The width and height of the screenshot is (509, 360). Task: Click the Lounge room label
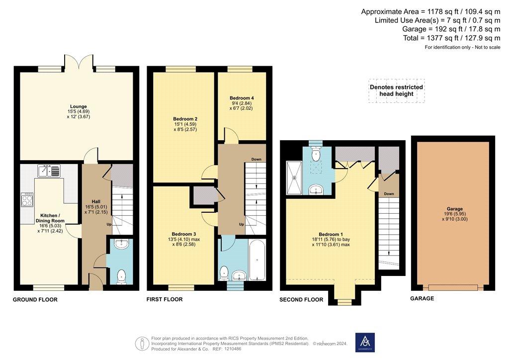click(79, 106)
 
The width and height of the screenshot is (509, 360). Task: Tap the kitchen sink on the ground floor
click(49, 171)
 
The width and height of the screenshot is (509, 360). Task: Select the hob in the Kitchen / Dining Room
click(27, 199)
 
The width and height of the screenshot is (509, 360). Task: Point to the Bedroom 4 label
click(242, 98)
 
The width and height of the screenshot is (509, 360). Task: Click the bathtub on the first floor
click(257, 260)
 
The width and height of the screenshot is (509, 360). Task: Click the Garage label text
click(455, 209)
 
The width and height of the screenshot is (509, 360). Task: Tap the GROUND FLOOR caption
click(35, 300)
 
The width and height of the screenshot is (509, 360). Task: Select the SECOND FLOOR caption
click(301, 300)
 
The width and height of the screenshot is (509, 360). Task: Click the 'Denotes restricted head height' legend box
click(396, 90)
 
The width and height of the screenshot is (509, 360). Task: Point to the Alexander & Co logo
click(365, 342)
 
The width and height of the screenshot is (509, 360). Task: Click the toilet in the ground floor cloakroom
click(121, 276)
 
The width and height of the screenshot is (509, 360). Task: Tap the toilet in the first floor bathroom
click(224, 273)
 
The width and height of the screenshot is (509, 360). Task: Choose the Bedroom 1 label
click(331, 234)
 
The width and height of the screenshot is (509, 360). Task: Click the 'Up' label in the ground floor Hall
click(109, 224)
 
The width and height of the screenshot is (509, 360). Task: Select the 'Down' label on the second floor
click(389, 194)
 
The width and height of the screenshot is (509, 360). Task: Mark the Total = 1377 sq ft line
click(451, 38)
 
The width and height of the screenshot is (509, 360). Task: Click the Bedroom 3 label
click(184, 234)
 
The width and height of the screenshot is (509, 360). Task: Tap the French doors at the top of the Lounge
click(79, 62)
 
